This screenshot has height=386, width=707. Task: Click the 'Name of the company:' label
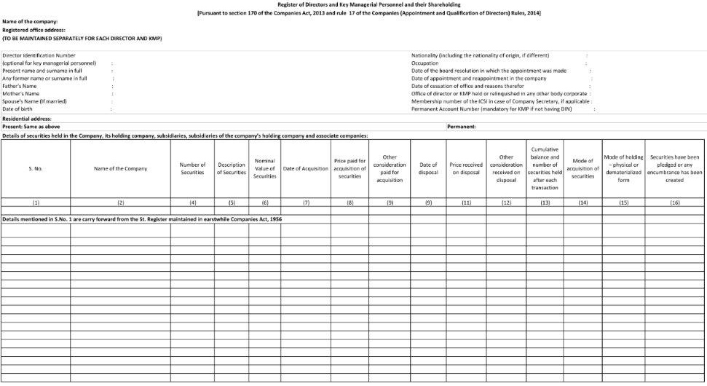30,22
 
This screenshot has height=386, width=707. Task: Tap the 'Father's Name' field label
20,86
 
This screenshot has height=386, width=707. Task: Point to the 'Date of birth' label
17,109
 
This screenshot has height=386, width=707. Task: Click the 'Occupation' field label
425,63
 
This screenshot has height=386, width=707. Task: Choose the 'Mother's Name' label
21,93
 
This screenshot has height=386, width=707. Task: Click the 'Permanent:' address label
462,127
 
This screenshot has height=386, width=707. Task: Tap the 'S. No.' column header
36,168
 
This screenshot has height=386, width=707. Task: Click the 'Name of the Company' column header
120,168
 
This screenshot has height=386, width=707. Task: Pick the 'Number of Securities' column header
192,168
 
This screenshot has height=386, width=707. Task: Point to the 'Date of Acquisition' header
306,168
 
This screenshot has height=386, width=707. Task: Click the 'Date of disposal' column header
428,168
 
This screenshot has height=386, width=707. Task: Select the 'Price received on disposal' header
466,168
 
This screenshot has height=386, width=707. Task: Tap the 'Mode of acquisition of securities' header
582,168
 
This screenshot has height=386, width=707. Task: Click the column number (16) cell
674,203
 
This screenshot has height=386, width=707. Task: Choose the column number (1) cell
36,203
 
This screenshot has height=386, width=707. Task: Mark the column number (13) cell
545,203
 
